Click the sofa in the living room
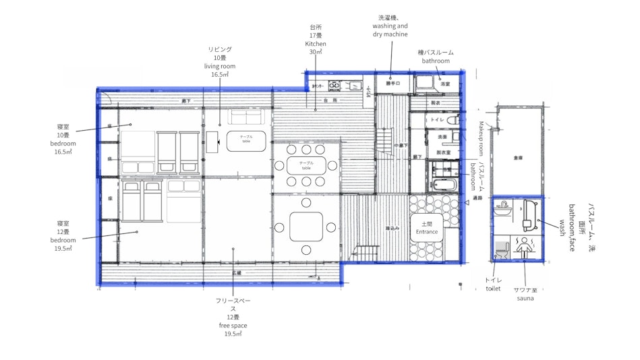click(248, 117)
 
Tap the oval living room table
click(246, 140)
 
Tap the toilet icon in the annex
click(500, 251)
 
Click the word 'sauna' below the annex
click(525, 297)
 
